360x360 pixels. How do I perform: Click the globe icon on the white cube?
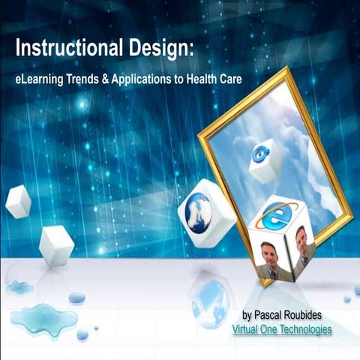(199, 212)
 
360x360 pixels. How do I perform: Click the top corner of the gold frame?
(284, 70)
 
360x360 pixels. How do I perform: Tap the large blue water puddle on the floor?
(43, 319)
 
